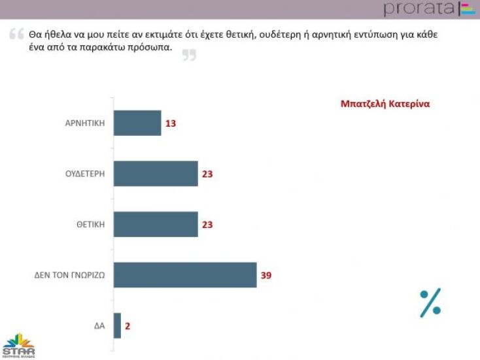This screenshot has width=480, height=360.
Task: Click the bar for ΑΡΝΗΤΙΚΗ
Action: [x=137, y=123]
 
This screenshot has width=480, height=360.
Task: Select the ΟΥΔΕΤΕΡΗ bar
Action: [x=156, y=174]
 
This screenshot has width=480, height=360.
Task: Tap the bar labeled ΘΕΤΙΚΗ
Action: [x=156, y=224]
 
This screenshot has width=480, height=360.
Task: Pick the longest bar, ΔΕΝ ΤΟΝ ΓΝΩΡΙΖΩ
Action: [x=185, y=275]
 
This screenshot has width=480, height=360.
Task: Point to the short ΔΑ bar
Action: [x=118, y=325]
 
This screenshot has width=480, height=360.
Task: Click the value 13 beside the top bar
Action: [x=171, y=123]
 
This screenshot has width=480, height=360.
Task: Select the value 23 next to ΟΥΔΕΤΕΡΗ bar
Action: [x=208, y=174]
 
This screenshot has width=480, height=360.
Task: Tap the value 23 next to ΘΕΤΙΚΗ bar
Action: [x=208, y=224]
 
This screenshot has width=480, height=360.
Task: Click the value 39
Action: [x=266, y=275]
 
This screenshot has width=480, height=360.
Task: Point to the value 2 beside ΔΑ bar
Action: [x=128, y=325]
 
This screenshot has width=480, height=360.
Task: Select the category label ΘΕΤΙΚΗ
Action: [x=90, y=224]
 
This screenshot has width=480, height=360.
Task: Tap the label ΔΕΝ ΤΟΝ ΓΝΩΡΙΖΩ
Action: [x=70, y=275]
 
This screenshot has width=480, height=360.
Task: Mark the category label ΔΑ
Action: [x=99, y=325]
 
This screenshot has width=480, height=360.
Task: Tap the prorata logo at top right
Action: [x=428, y=9]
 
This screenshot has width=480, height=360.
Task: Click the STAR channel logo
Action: [x=18, y=345]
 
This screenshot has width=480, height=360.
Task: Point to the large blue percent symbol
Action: [x=430, y=303]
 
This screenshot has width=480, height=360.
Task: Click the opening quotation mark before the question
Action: [x=16, y=35]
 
